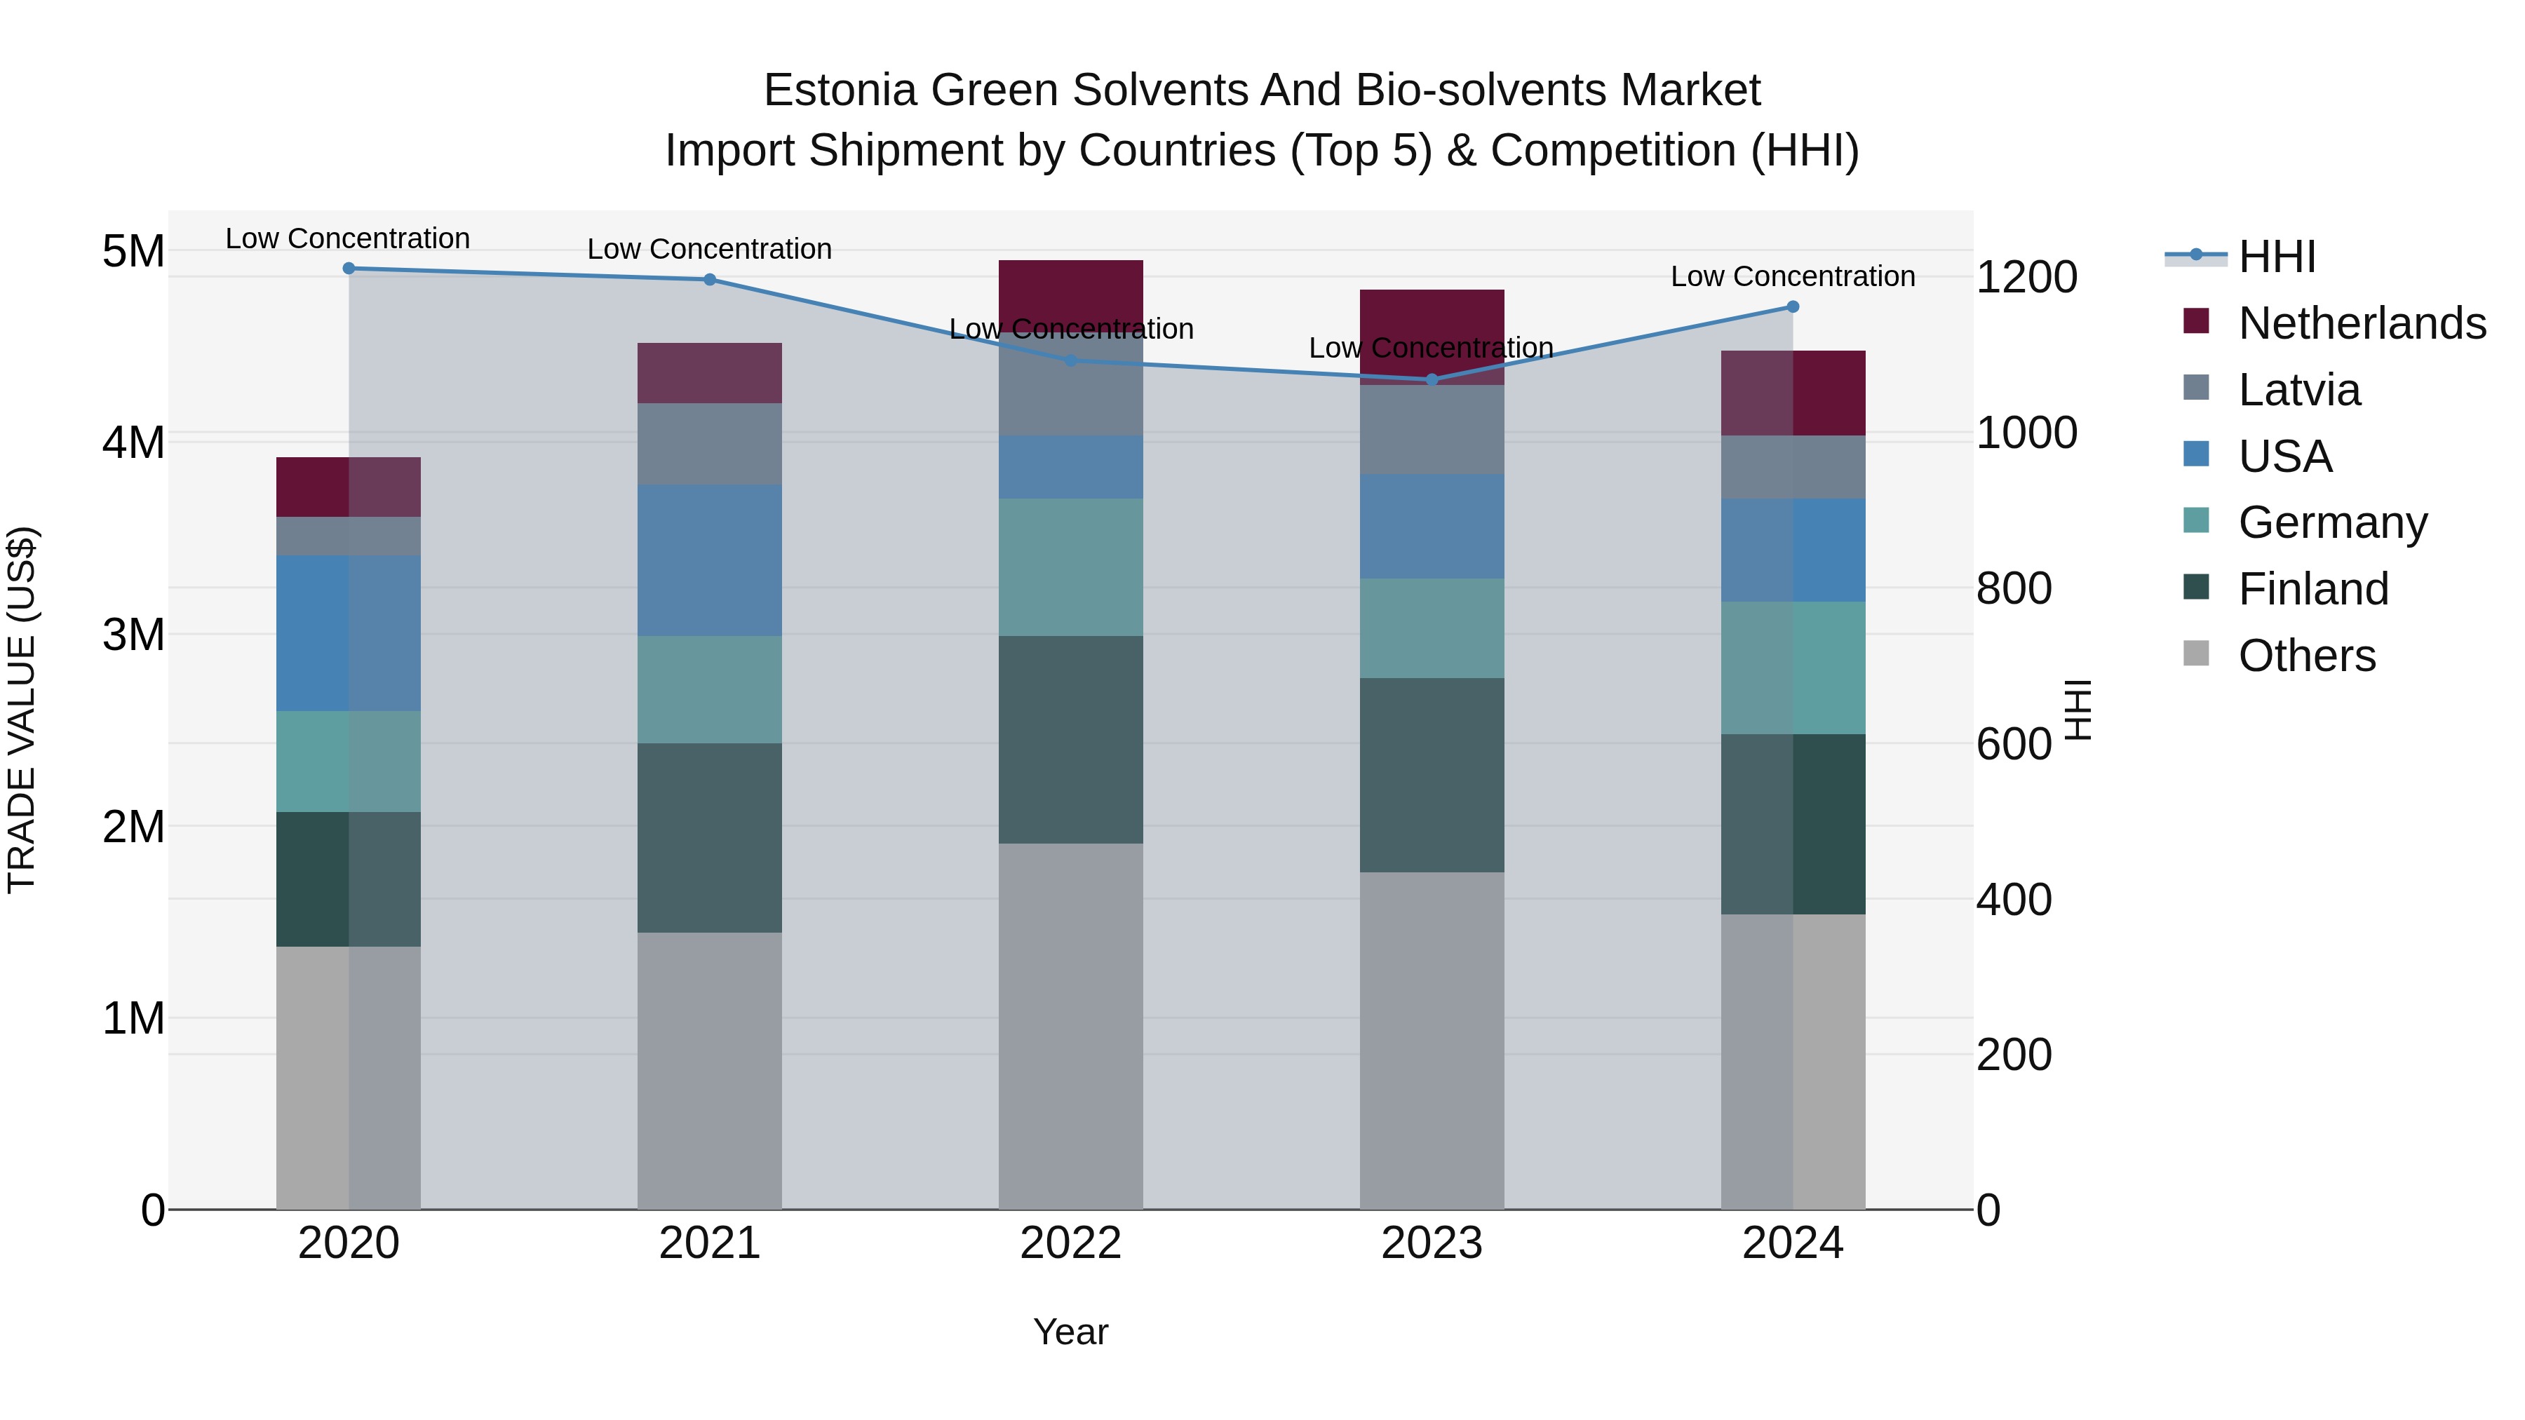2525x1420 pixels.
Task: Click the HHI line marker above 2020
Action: (349, 269)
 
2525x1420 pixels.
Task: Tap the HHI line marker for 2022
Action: (1070, 360)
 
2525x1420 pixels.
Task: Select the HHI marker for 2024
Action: (1793, 306)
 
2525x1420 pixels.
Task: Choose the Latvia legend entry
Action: (2298, 390)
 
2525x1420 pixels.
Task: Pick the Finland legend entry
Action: (2312, 589)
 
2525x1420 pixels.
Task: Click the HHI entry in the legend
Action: (2276, 257)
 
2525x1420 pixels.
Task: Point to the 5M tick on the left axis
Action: (133, 252)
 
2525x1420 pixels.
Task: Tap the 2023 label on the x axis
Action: (1431, 1243)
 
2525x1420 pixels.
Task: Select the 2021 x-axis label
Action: (710, 1243)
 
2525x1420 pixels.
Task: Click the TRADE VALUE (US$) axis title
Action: (22, 710)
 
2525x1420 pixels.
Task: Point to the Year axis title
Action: (1070, 1332)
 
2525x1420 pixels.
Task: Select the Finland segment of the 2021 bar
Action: (710, 838)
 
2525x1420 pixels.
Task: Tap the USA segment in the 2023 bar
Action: (1431, 526)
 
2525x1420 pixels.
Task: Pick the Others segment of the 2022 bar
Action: (1070, 1026)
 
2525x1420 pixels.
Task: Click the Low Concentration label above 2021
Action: (710, 249)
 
